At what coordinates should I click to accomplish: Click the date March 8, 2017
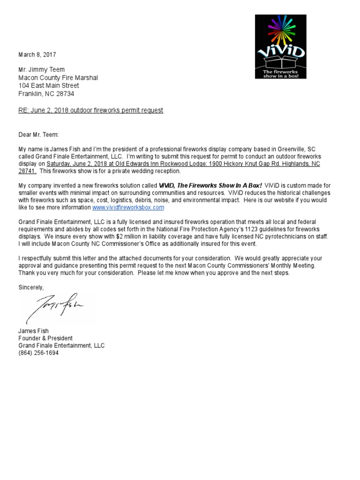37,55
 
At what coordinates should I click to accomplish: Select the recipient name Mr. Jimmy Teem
41,70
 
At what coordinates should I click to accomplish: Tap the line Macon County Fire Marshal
58,78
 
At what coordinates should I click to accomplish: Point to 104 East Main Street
48,86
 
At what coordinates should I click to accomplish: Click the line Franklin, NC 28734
46,94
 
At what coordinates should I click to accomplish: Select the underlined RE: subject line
90,111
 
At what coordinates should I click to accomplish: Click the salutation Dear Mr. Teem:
38,135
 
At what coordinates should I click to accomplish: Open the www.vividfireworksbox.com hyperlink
128,207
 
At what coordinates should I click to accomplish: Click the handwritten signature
54,306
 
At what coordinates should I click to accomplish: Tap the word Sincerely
31,287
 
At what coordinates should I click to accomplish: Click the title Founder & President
45,338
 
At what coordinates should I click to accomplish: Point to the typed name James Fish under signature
33,331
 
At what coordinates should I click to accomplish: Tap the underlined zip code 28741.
28,171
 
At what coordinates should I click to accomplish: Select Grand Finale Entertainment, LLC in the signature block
61,345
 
